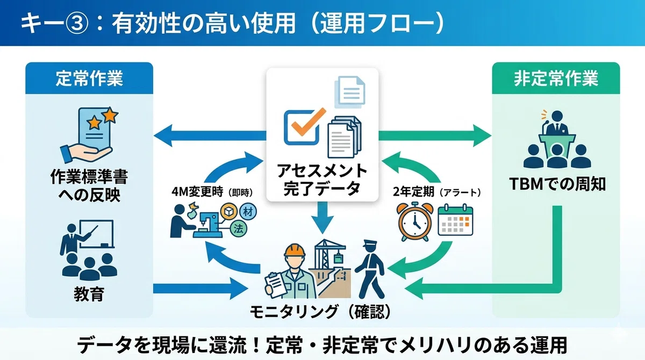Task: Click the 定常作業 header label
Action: point(89,78)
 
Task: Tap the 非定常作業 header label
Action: point(556,78)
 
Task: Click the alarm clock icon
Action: point(414,221)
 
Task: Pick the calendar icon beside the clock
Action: point(455,220)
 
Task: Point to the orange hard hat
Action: point(295,250)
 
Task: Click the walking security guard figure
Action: point(370,270)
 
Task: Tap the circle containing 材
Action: point(248,212)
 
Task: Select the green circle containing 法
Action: point(239,229)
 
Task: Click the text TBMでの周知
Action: point(557,184)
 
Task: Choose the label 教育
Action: point(89,294)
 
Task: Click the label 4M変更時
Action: point(197,192)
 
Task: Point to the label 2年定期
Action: point(413,192)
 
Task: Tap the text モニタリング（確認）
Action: point(320,312)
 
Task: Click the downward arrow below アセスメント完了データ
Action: point(322,218)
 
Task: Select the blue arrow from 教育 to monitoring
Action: point(200,289)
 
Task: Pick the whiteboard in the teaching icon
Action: point(96,234)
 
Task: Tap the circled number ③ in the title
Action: point(76,23)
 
